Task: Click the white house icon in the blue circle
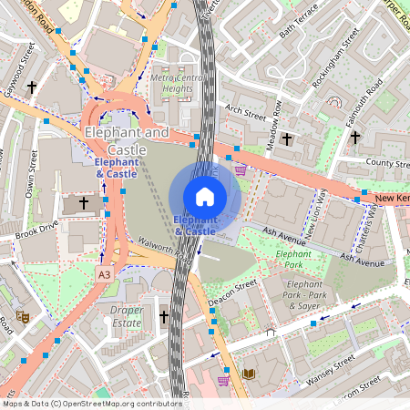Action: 205,197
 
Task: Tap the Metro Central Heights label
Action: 179,84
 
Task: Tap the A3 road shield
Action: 107,272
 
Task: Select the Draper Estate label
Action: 127,316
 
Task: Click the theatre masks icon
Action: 23,316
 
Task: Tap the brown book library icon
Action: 250,374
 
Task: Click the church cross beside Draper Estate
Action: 165,316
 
